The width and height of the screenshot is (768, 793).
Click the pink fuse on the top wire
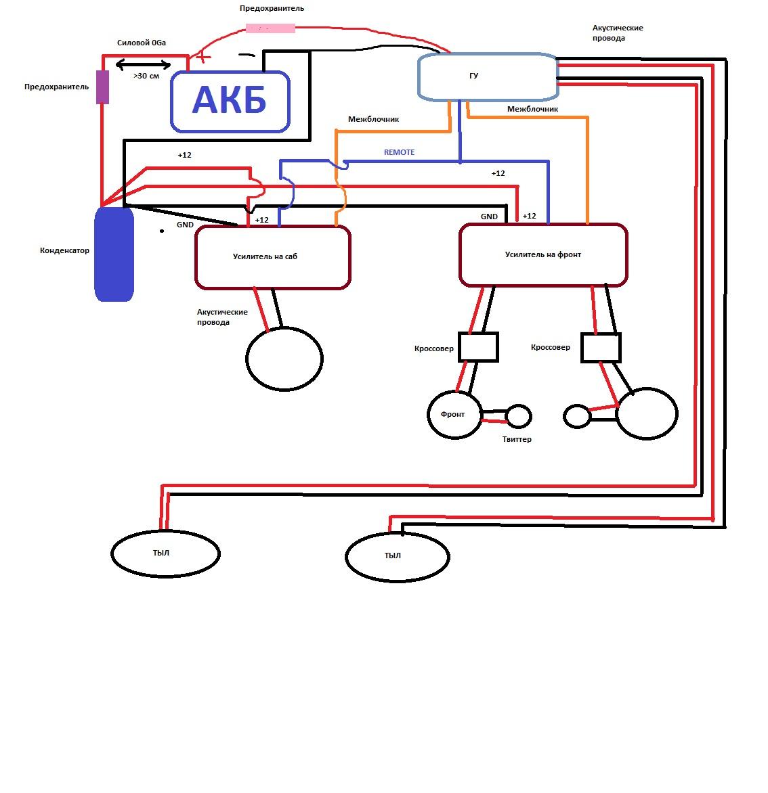click(270, 28)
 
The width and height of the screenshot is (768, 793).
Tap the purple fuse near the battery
click(103, 87)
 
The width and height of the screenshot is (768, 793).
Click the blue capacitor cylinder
click(114, 254)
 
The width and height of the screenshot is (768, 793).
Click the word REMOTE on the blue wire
click(399, 152)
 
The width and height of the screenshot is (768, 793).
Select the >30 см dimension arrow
click(144, 64)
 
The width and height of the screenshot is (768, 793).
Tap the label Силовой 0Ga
click(142, 43)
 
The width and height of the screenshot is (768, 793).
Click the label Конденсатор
click(64, 250)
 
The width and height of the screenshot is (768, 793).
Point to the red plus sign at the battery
click(202, 57)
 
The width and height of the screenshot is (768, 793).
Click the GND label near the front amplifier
click(489, 217)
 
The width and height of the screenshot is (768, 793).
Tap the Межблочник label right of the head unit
click(532, 109)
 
